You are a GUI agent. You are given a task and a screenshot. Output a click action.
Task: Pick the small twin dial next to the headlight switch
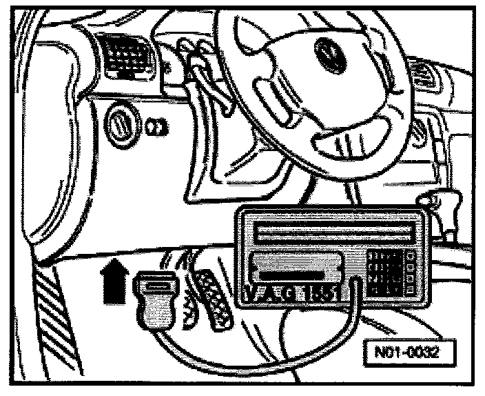[x=156, y=127]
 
